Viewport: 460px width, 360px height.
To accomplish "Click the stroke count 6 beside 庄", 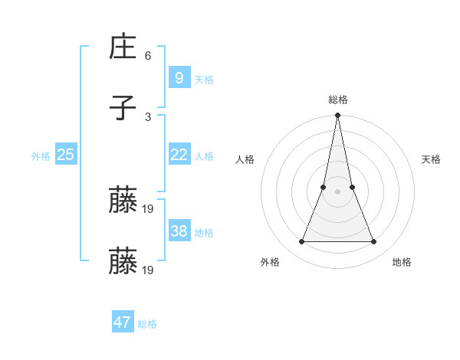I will (148, 56).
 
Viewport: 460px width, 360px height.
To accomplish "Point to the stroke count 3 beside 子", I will (148, 116).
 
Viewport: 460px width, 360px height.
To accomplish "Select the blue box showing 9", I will (179, 77).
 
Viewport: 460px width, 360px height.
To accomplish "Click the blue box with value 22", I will (179, 155).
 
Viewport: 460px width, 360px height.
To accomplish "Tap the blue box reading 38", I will (179, 231).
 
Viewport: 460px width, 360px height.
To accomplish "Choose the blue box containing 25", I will (65, 155).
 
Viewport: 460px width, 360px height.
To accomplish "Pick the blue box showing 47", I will (123, 322).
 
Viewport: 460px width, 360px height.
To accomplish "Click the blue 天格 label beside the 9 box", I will (204, 80).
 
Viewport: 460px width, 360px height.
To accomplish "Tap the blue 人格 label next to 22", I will (204, 156).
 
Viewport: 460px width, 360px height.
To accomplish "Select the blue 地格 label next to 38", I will (204, 233).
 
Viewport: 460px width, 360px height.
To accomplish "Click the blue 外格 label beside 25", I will (41, 156).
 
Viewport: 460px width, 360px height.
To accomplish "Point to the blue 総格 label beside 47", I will (147, 324).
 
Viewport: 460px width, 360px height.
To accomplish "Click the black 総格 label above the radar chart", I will (337, 100).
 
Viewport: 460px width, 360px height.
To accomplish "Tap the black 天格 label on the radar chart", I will (431, 159).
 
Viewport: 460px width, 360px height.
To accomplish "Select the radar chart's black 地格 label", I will (402, 262).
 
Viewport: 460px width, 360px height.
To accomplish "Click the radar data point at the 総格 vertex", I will (337, 116).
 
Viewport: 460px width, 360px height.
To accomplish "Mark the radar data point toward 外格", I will (301, 242).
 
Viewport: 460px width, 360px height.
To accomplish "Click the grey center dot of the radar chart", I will (337, 191).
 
